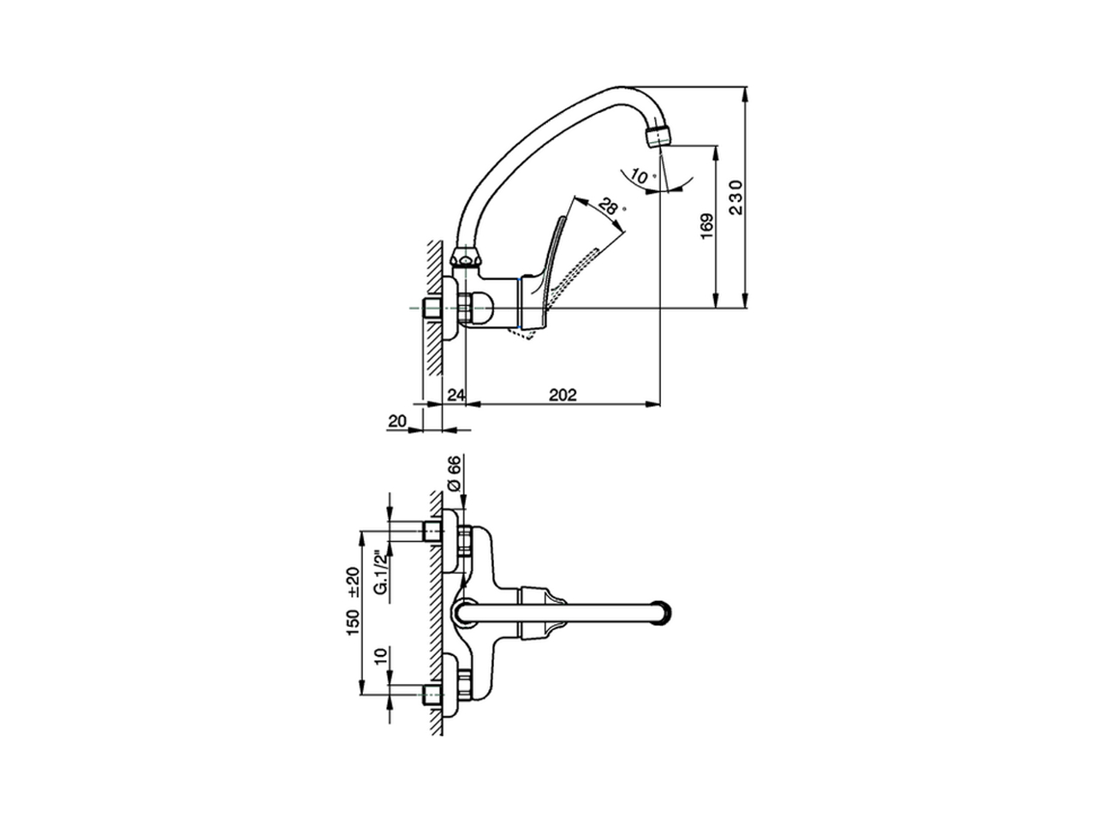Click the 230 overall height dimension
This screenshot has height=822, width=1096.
click(x=736, y=197)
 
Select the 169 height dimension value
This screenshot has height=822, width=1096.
click(x=707, y=226)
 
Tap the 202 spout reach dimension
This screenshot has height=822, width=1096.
click(x=563, y=395)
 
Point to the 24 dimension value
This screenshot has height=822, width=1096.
click(x=456, y=395)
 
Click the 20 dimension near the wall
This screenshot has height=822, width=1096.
click(x=397, y=421)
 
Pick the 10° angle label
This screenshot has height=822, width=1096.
click(x=641, y=176)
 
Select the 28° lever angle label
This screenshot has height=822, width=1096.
click(x=610, y=205)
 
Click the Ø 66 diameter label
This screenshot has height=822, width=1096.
click(x=453, y=474)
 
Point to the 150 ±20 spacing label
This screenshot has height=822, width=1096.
click(x=353, y=601)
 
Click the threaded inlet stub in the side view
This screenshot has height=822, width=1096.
click(x=432, y=309)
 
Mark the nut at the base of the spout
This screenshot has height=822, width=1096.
click(x=466, y=260)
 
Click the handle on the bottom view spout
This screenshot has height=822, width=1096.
click(x=542, y=612)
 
